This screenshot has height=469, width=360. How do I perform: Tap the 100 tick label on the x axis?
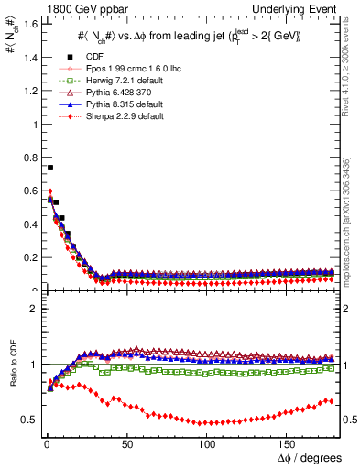pyautogui.click(x=208, y=444)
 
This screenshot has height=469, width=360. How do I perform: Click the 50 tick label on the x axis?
pyautogui.click(x=127, y=444)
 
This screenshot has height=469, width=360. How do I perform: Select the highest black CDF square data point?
pyautogui.click(x=49, y=168)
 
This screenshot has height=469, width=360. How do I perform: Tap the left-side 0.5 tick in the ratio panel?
pyautogui.click(x=27, y=420)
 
